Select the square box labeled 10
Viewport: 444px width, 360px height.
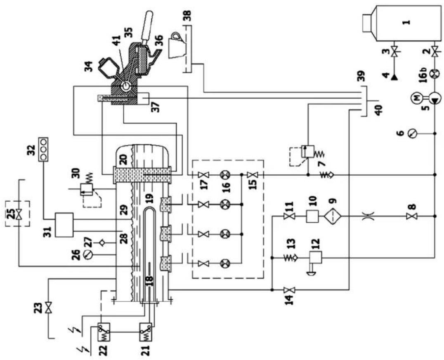coord(311,216)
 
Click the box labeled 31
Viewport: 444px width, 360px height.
coord(64,225)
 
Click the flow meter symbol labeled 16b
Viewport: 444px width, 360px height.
coord(435,75)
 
